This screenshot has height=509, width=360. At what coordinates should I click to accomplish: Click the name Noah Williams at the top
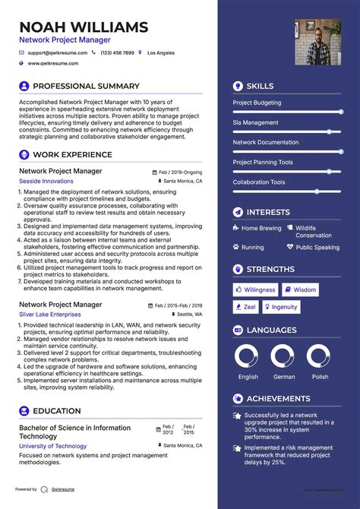84,27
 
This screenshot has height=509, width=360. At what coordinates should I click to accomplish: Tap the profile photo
317,42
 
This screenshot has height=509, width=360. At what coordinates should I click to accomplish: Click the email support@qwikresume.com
57,53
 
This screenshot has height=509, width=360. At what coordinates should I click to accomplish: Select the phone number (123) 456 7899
117,53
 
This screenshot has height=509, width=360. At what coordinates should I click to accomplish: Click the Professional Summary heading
87,86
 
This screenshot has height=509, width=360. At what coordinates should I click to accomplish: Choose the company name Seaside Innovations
46,182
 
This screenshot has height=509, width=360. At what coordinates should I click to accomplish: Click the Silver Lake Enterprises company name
50,314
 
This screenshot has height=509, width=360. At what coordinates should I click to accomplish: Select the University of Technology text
52,446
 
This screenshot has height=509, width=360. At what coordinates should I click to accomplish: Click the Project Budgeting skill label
257,103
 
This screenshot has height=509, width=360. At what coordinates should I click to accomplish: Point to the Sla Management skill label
255,122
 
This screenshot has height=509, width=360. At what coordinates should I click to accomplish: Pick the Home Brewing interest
261,228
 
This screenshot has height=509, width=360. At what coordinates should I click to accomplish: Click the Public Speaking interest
317,247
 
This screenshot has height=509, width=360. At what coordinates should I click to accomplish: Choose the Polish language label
320,377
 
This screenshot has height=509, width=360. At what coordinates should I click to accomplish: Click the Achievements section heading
279,398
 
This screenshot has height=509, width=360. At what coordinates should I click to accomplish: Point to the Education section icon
24,411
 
